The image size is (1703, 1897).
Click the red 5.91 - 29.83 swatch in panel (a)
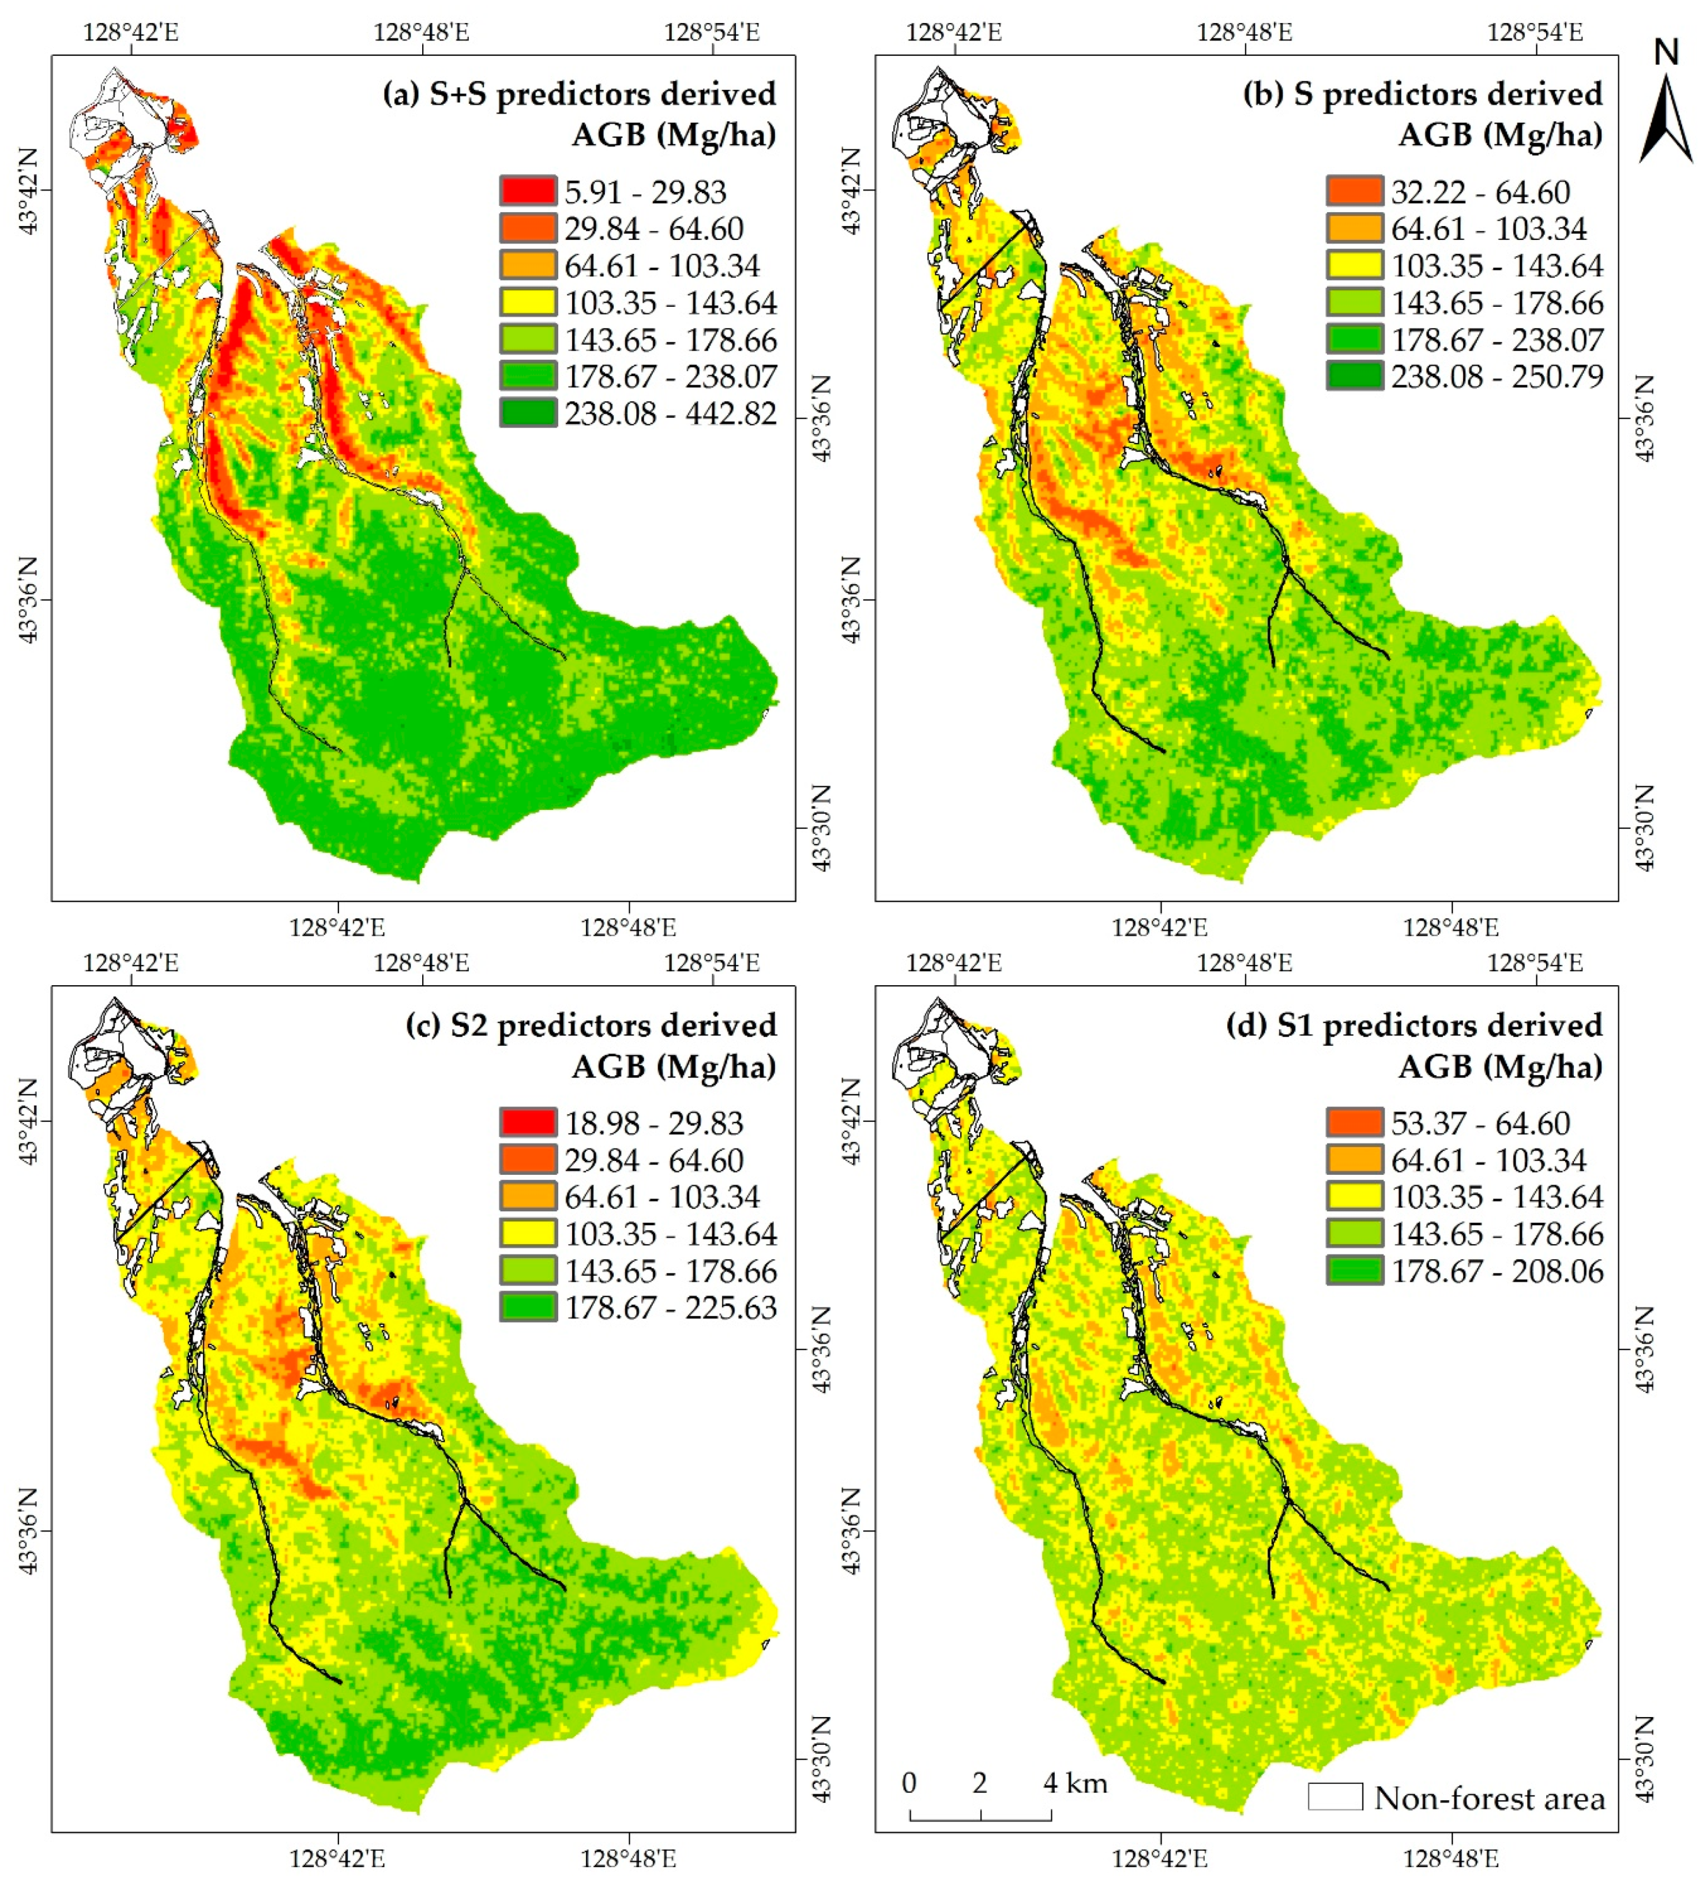[528, 191]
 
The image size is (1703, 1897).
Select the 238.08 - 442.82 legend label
[670, 413]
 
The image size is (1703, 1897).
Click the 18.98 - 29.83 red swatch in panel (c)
[528, 1122]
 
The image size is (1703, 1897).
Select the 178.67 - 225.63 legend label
[670, 1308]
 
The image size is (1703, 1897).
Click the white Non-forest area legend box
[1334, 1797]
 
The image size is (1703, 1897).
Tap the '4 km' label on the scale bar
[1075, 1783]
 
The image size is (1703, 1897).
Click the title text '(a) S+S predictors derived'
[579, 95]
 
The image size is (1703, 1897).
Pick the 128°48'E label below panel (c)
[628, 1858]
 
